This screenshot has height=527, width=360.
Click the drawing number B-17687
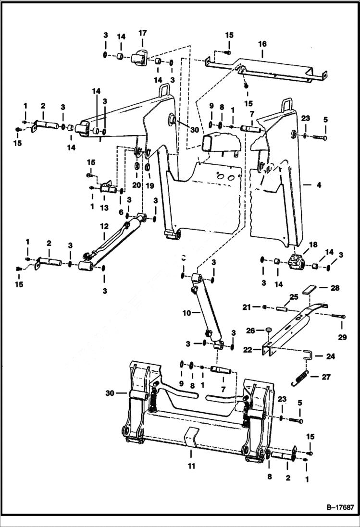pyautogui.click(x=335, y=507)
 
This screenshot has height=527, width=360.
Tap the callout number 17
pyautogui.click(x=142, y=33)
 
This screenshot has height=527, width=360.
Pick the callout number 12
pyautogui.click(x=104, y=226)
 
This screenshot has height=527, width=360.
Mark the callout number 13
pyautogui.click(x=104, y=208)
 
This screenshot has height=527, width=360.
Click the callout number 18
pyautogui.click(x=313, y=245)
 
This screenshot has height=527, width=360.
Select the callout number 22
pyautogui.click(x=247, y=350)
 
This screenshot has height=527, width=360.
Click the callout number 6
pyautogui.click(x=121, y=212)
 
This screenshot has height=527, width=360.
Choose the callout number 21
pyautogui.click(x=246, y=307)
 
